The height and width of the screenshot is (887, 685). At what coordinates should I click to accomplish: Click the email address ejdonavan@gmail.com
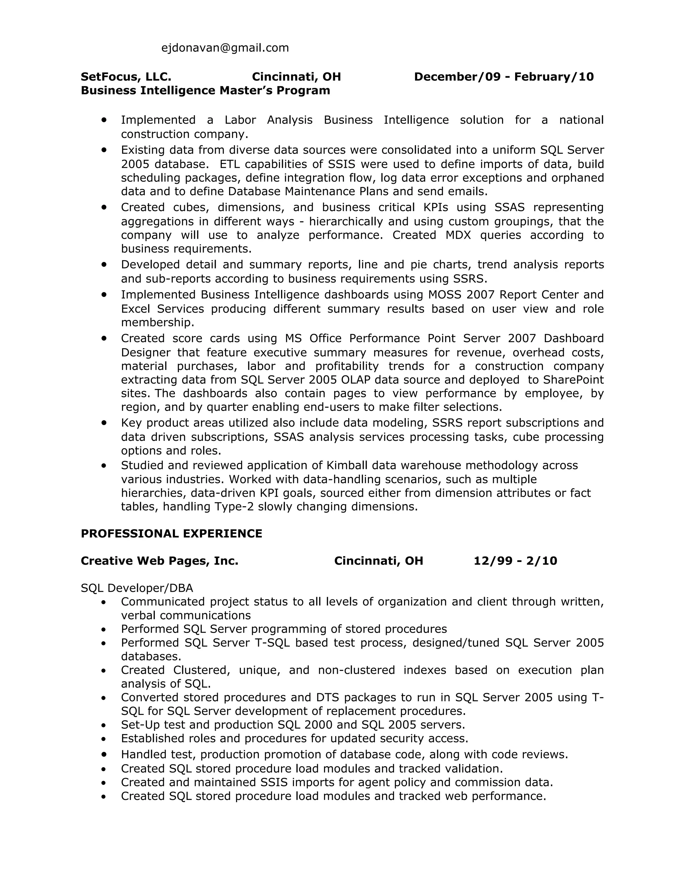[225, 48]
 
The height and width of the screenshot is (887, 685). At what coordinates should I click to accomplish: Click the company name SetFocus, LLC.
[126, 77]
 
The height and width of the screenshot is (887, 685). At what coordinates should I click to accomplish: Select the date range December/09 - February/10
[504, 77]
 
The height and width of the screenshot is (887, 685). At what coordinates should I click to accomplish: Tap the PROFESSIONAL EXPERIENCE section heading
[171, 533]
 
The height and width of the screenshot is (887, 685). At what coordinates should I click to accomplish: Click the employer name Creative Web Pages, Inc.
[160, 561]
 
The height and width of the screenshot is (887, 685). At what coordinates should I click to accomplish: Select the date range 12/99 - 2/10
[515, 561]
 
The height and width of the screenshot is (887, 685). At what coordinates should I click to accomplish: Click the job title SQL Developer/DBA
[137, 588]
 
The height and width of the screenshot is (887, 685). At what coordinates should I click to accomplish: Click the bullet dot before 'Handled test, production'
[104, 754]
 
